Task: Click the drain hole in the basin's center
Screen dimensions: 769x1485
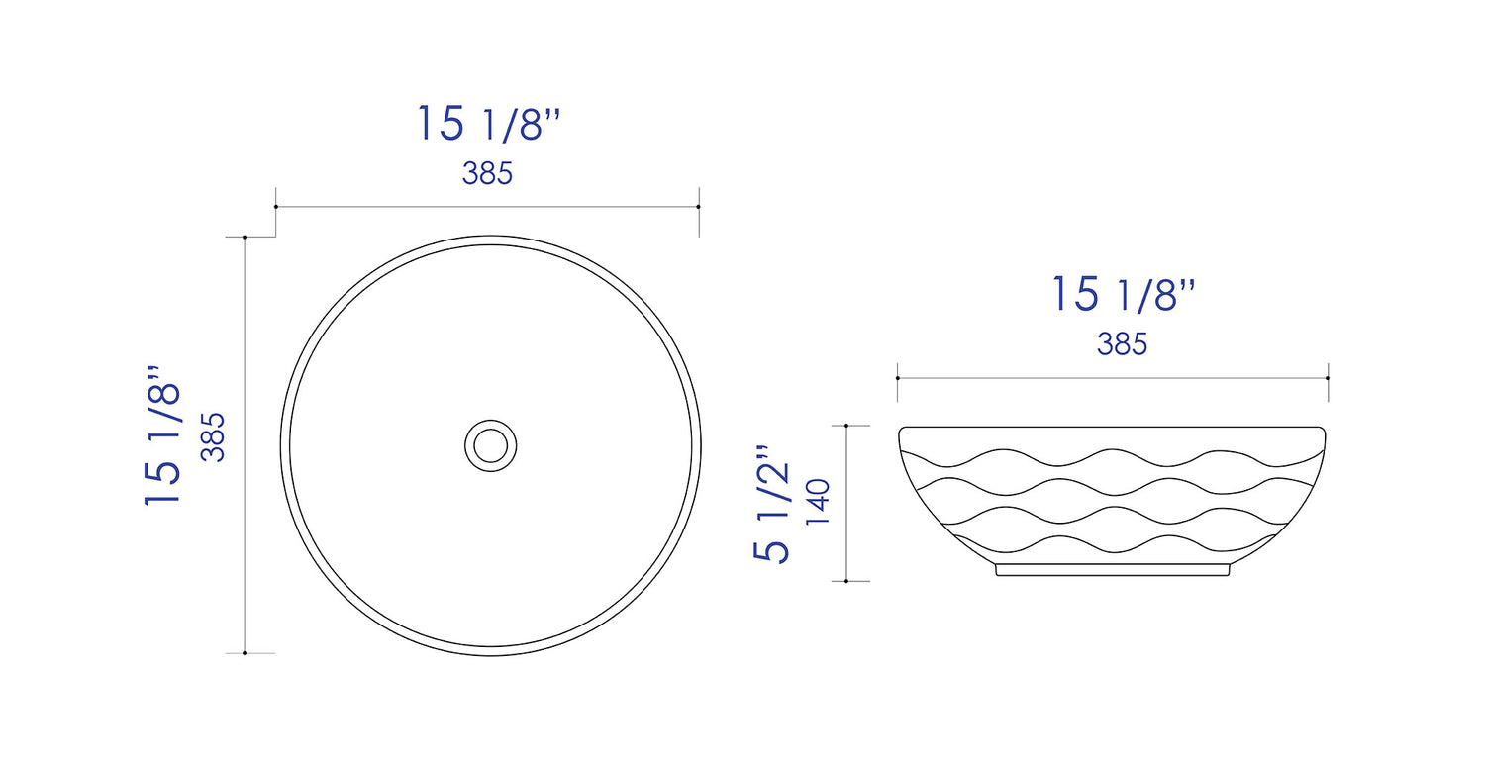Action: coord(490,444)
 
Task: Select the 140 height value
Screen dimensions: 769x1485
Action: coord(820,504)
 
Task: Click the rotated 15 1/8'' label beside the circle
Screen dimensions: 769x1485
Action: coord(163,436)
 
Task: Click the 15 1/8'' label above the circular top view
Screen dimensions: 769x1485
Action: coord(489,124)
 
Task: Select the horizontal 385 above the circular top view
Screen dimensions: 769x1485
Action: coord(487,174)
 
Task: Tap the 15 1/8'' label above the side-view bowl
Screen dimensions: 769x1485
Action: coord(1123,294)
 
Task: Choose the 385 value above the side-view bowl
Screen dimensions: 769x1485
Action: coord(1122,344)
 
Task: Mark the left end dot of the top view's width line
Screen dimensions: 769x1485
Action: coord(275,207)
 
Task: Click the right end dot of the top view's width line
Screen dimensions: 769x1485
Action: coord(699,207)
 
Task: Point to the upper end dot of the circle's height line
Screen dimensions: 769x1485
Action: coord(245,238)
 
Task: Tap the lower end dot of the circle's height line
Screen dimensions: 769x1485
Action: coord(245,653)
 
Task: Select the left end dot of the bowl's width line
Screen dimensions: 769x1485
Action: coord(897,378)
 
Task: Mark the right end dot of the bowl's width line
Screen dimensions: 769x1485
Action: coord(1328,378)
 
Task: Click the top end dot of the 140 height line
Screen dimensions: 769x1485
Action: coord(846,426)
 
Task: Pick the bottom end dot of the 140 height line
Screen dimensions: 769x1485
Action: coord(846,581)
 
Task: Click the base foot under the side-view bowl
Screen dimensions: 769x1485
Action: coord(1112,570)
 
